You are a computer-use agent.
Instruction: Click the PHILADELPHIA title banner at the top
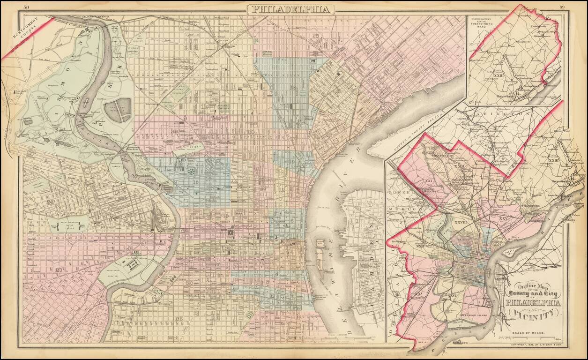290,9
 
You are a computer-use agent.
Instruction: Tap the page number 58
26,7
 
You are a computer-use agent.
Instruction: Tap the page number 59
562,7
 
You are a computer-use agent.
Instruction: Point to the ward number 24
50,202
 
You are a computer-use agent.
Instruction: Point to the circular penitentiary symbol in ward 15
191,172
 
